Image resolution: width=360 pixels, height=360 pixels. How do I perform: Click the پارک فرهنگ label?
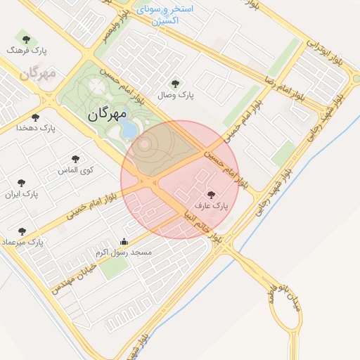click(x=26, y=51)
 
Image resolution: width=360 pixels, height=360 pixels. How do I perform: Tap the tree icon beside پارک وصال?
click(x=175, y=83)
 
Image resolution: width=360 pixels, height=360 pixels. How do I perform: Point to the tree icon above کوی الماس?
click(x=76, y=159)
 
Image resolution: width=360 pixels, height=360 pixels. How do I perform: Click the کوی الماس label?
click(x=76, y=169)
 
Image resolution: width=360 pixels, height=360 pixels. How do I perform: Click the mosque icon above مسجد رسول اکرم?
click(x=124, y=240)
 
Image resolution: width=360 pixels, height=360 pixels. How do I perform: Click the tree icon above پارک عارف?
click(x=212, y=194)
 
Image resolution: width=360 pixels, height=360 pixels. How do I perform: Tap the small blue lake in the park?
click(x=128, y=129)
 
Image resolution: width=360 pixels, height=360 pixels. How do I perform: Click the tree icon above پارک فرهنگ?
click(x=26, y=39)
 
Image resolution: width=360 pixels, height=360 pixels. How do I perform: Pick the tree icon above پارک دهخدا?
click(x=36, y=117)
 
